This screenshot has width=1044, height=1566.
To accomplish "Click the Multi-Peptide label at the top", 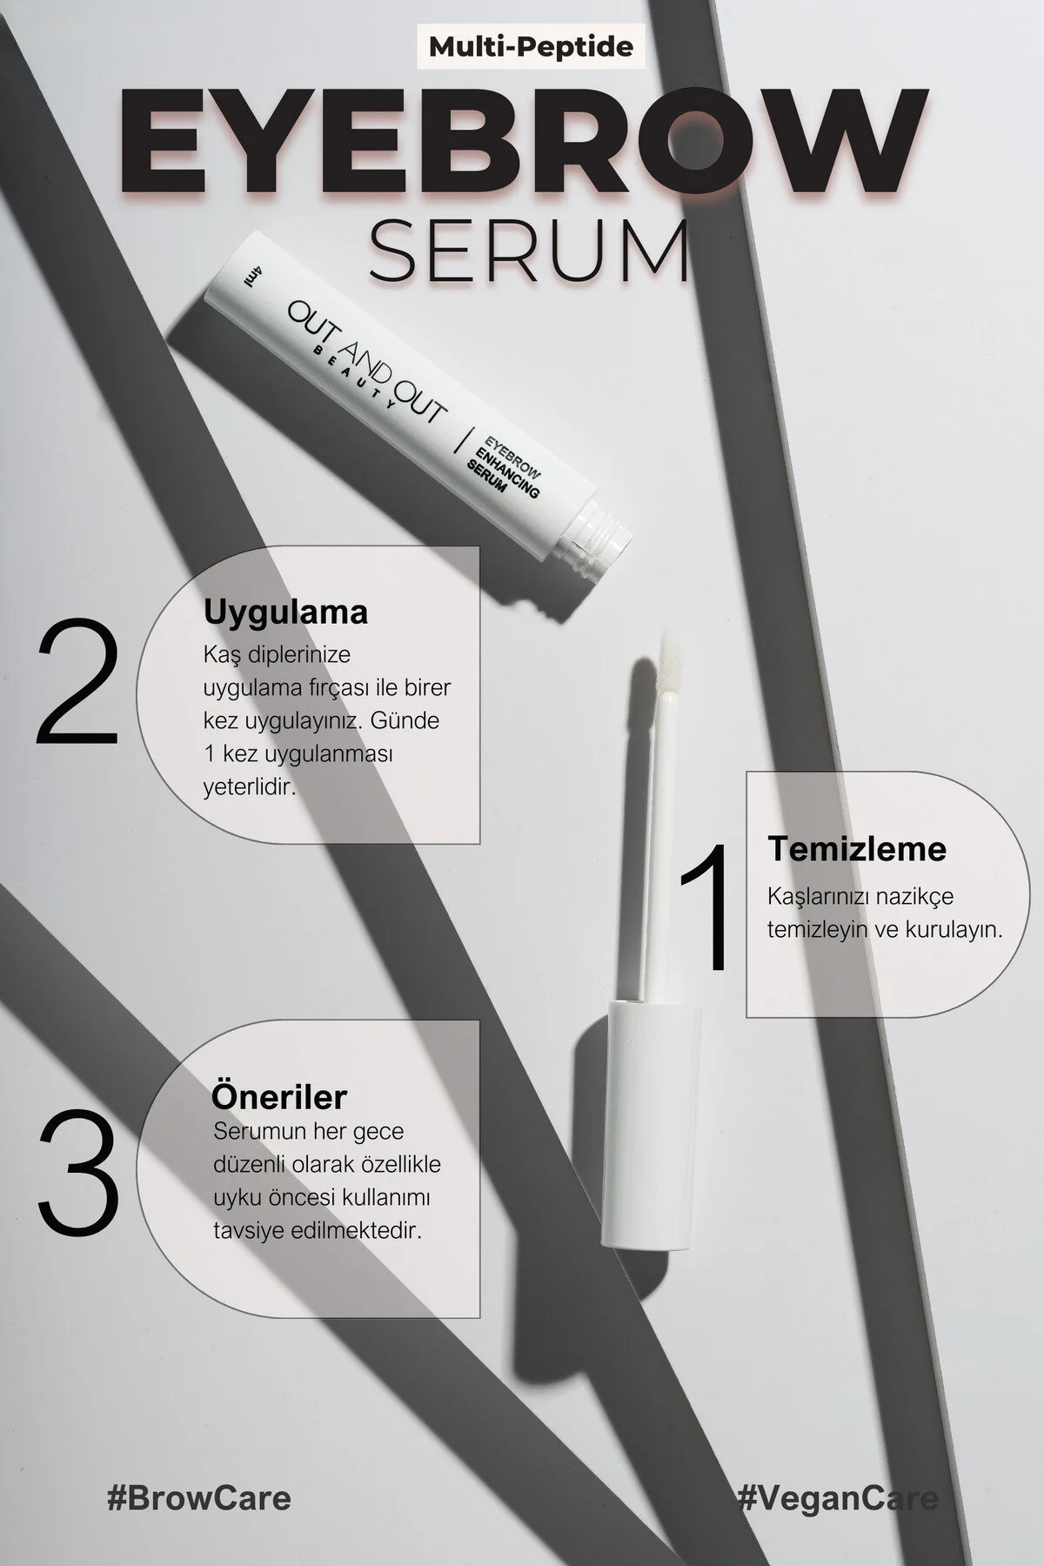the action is pos(531,45).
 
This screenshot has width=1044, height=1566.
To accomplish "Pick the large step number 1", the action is pos(706,909).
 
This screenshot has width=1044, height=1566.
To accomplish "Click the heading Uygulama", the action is pos(285,612).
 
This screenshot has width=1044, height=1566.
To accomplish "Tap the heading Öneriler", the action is pos(279,1096).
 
